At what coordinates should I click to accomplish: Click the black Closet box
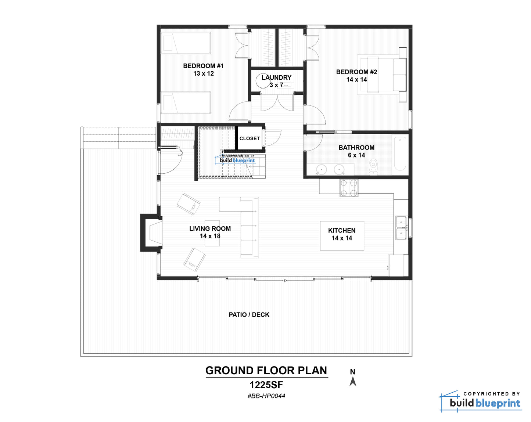[x=250, y=138]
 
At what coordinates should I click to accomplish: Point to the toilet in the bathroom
[x=373, y=167]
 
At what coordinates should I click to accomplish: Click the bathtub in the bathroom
[x=400, y=154]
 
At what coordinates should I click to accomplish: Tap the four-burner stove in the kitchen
[x=349, y=188]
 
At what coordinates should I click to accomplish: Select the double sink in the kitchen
[x=401, y=228]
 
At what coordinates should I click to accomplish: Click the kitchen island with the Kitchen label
[x=342, y=235]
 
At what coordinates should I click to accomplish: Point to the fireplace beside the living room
[x=151, y=232]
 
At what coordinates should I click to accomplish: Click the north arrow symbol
[x=353, y=382]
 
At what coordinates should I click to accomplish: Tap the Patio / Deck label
[x=249, y=315]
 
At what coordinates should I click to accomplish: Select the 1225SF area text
[x=266, y=385]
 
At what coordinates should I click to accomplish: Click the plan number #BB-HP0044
[x=266, y=396]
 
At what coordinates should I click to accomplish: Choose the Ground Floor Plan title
[x=266, y=371]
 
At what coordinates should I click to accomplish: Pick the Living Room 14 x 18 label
[x=210, y=232]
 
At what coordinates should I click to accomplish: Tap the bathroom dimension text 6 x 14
[x=356, y=155]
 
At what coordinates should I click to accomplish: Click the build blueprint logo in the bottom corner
[x=481, y=402]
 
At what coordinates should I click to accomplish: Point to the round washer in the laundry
[x=262, y=80]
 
